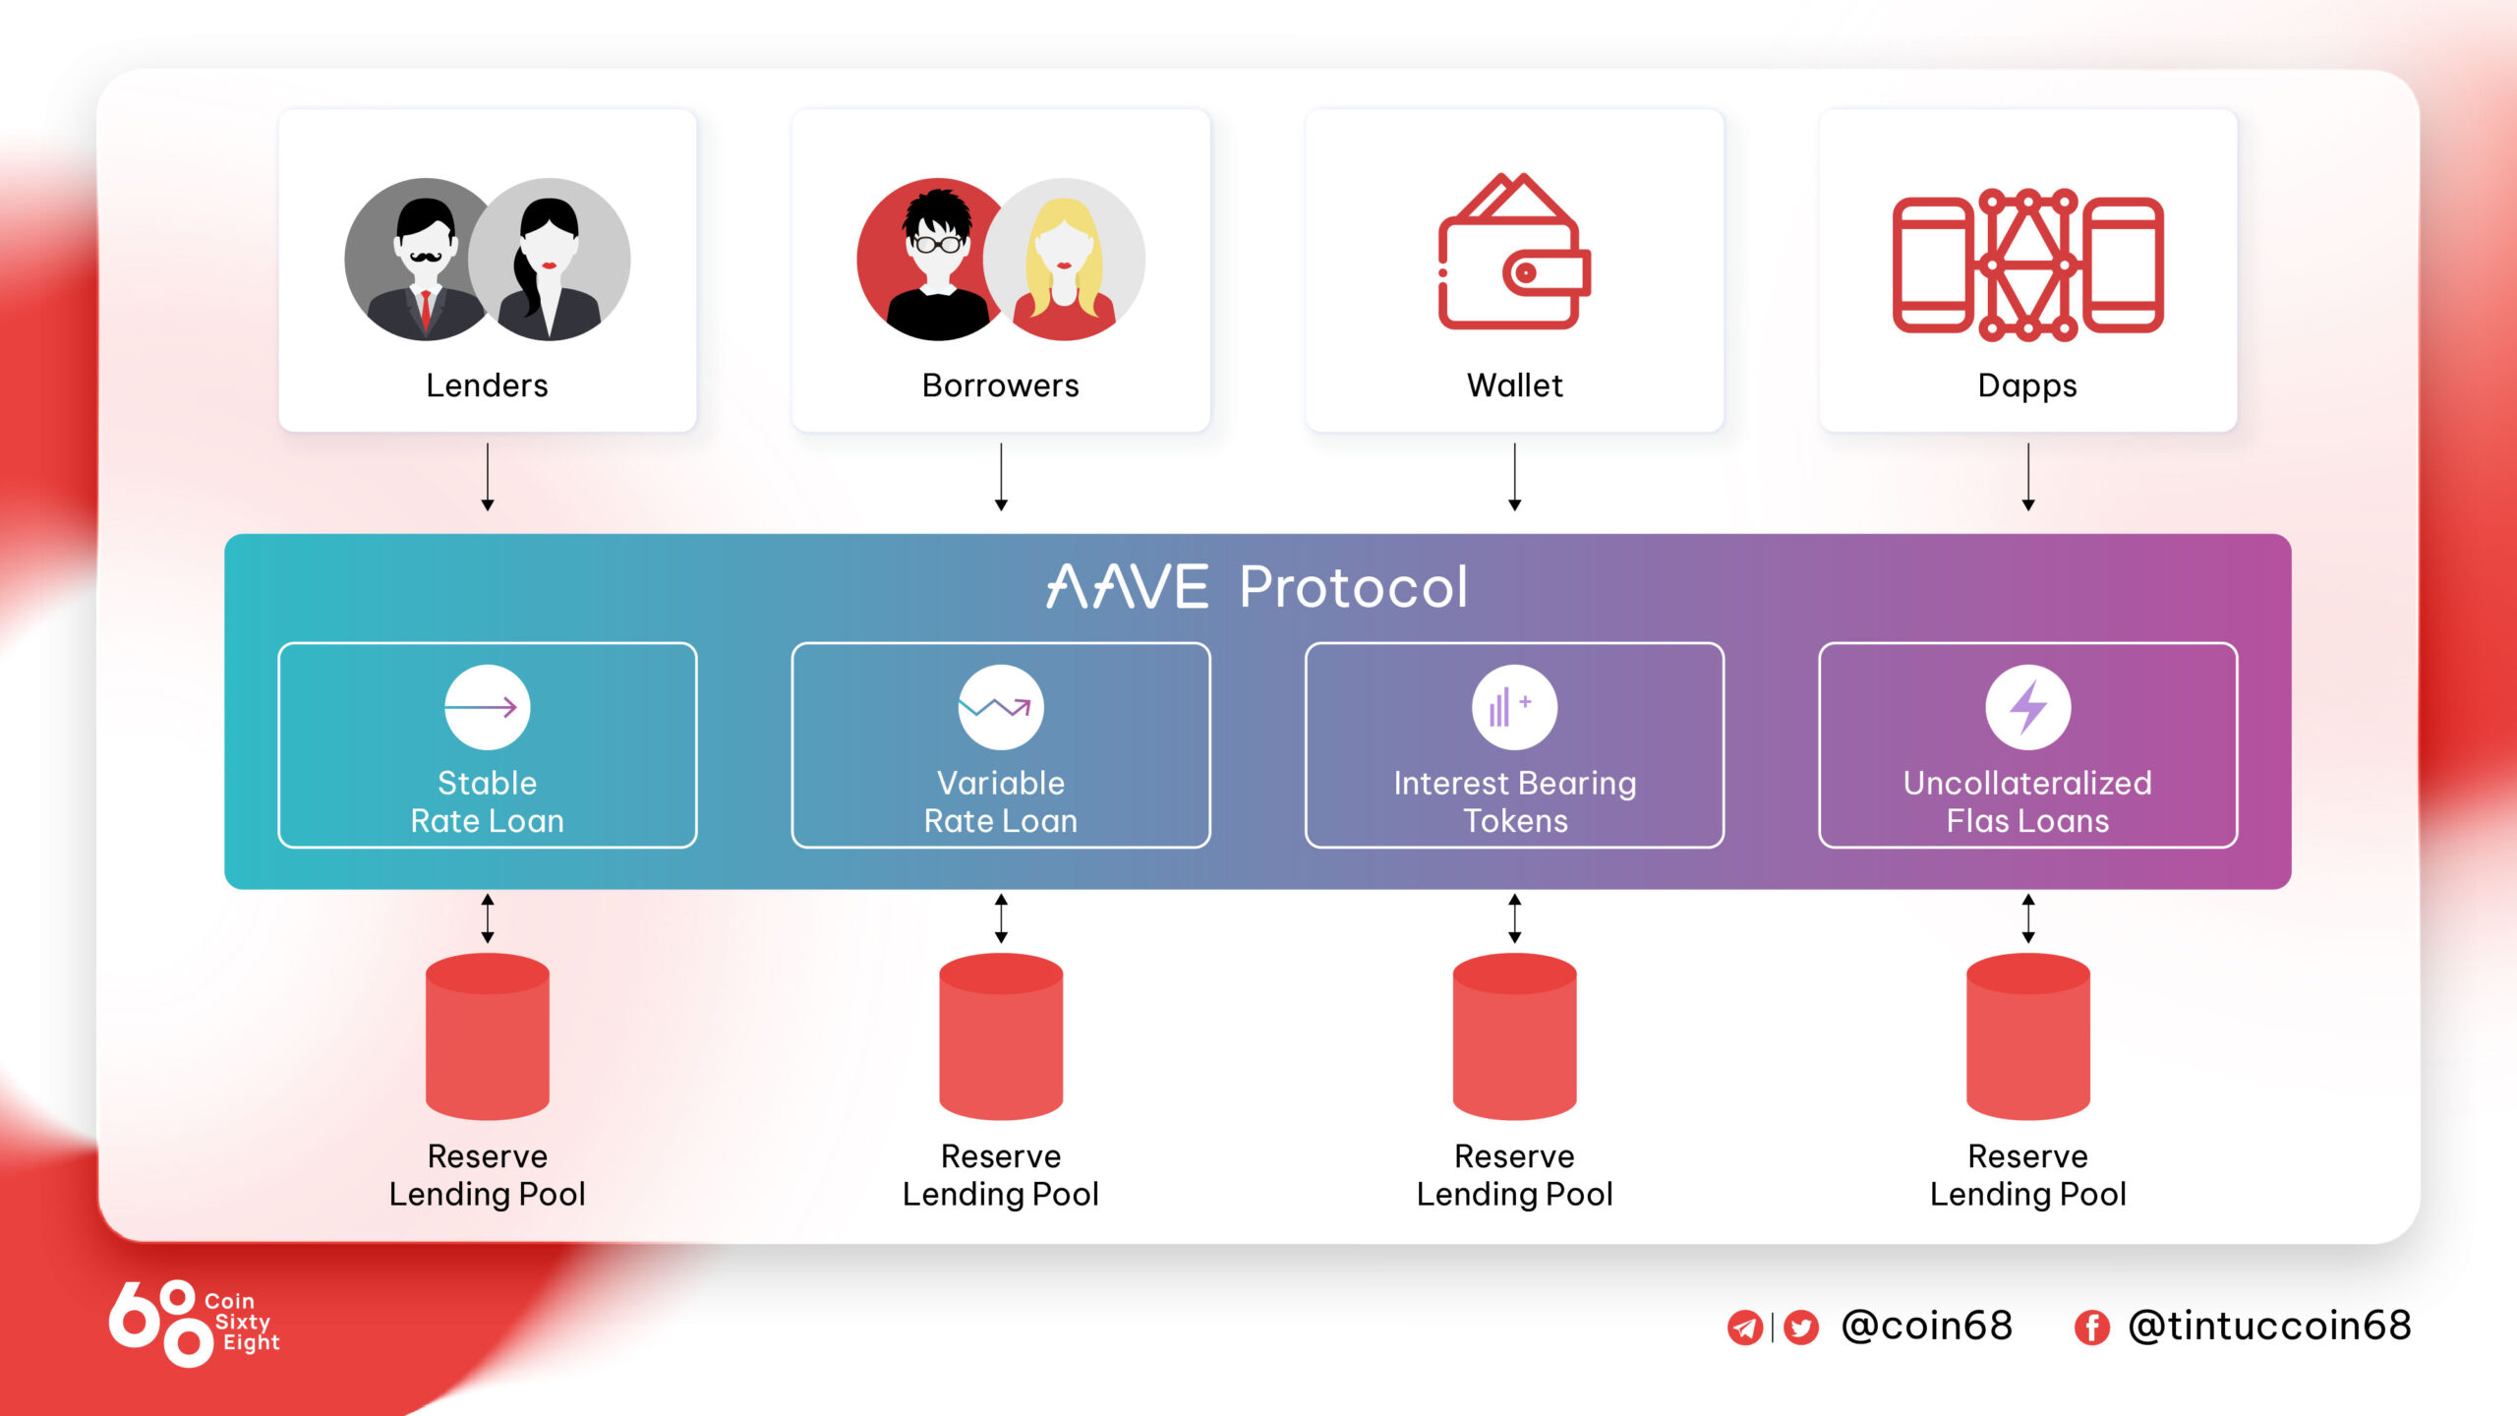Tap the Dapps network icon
2027,264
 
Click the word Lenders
487,385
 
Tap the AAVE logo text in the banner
1127,587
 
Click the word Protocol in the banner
1353,588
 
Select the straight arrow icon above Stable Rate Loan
487,707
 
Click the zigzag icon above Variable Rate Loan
1000,707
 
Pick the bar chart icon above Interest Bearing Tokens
1514,707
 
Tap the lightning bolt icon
2027,707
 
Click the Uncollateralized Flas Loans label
2027,801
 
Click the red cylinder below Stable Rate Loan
487,1036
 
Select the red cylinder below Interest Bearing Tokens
1514,1036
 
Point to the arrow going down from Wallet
1514,477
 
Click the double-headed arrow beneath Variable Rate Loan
1001,918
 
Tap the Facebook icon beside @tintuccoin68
2091,1327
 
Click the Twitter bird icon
1800,1327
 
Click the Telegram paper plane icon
1744,1327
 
